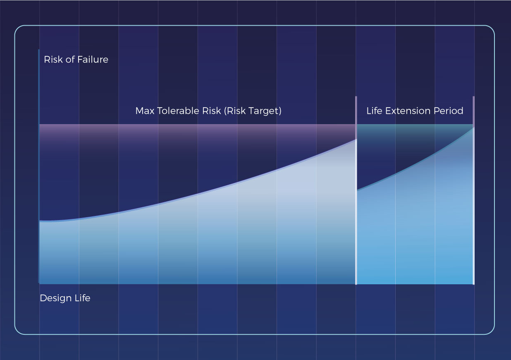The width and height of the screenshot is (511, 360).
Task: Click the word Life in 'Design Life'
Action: [83, 298]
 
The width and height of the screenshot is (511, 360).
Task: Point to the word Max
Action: [145, 111]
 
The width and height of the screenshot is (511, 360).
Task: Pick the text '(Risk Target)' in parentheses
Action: [253, 111]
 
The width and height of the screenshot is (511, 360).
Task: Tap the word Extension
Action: [408, 111]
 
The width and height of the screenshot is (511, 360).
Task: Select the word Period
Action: [449, 111]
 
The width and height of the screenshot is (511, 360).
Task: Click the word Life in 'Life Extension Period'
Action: [375, 111]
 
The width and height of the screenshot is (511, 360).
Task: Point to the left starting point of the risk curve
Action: [40, 221]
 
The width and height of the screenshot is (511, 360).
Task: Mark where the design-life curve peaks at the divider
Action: [356, 140]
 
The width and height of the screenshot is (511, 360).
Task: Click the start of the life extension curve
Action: [357, 190]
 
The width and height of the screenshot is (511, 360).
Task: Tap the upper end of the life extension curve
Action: [473, 128]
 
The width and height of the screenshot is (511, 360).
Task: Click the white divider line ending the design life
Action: [356, 212]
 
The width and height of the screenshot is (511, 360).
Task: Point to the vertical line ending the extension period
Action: [474, 190]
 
